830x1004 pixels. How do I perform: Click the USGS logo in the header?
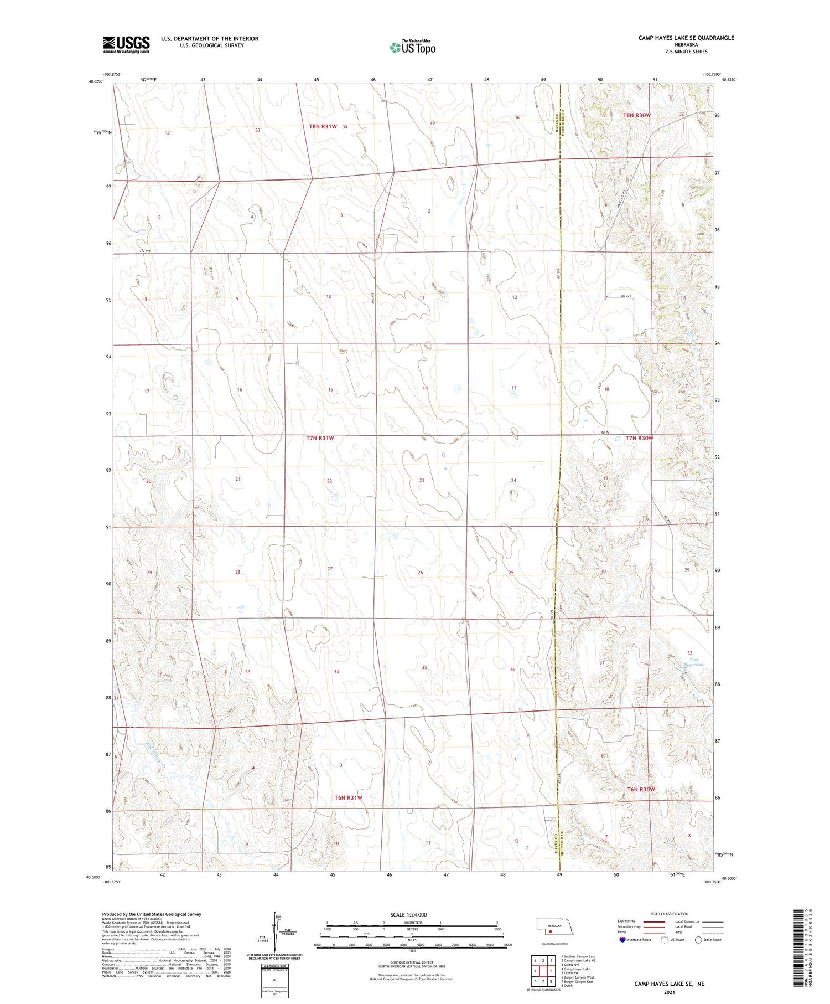pos(126,44)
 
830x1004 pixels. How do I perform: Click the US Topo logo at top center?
pos(413,47)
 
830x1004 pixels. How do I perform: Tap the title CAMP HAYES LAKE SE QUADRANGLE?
pos(686,38)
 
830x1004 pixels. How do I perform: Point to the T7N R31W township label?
pos(320,438)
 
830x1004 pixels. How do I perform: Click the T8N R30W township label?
pos(637,115)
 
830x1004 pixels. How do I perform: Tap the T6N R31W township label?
pos(348,797)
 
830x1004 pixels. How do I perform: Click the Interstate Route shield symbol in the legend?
pos(622,940)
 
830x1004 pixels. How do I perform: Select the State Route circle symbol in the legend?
pos(698,940)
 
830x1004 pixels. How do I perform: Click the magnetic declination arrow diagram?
pos(275,932)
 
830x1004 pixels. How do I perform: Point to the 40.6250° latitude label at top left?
pos(96,81)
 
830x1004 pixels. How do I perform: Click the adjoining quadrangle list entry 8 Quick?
pos(567,986)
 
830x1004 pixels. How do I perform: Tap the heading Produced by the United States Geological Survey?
pos(152,914)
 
